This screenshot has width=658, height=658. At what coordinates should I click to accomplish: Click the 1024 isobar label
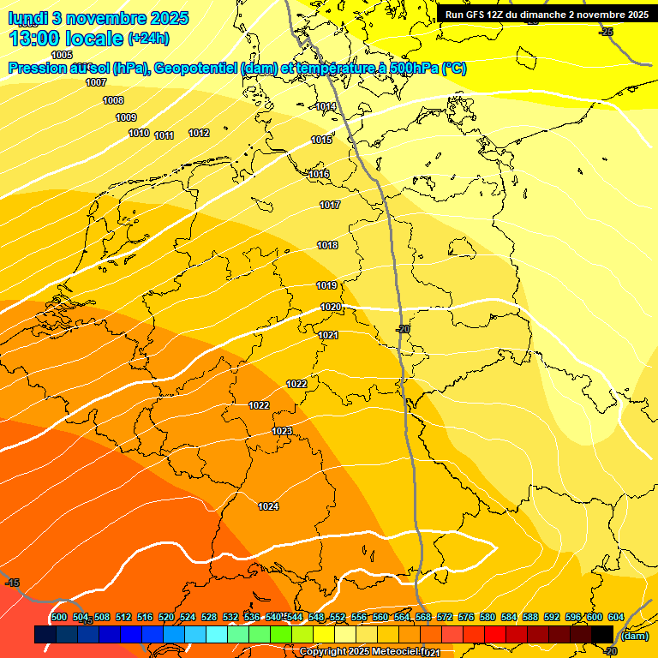pos(268,506)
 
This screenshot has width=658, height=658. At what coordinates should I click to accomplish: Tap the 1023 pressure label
pos(282,431)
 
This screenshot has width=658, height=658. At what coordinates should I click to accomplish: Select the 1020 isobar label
pos(331,307)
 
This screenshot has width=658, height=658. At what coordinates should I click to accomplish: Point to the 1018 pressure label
pos(327,246)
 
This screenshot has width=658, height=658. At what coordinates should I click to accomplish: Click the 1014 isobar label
pos(326,107)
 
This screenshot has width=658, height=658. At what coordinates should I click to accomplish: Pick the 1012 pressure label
pos(199,133)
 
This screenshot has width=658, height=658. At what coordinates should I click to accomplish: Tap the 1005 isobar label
pos(63,55)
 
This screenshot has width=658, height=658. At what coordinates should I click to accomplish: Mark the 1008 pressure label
pos(113,100)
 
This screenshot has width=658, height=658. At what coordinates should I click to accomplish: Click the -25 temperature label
pos(607,32)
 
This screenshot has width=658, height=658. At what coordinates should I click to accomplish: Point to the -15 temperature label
pos(12,583)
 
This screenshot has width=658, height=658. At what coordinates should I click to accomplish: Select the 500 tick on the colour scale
pos(59,617)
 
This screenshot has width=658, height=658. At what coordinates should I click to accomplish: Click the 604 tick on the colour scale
pos(616,617)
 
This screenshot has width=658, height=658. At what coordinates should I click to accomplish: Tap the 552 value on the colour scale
pos(338,617)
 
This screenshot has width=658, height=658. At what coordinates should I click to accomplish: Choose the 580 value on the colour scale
pos(488,617)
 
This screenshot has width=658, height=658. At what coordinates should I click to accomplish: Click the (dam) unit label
pos(635,635)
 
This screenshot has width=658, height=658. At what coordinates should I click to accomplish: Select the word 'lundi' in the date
pos(29,18)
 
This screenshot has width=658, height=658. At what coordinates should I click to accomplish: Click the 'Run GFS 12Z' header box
pos(547,15)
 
